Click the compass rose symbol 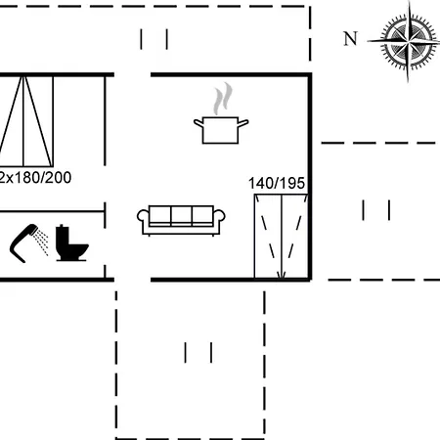[x=408, y=41]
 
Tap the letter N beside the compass [x=351, y=38]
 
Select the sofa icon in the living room [x=181, y=220]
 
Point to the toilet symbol [x=70, y=242]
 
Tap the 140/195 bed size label [x=277, y=183]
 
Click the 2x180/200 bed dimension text [x=35, y=178]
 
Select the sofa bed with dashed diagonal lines [x=282, y=237]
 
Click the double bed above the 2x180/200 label [x=26, y=121]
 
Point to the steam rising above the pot [x=223, y=99]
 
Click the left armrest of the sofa [x=143, y=216]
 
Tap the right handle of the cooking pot [x=243, y=123]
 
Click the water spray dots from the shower [x=42, y=242]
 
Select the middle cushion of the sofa [x=181, y=215]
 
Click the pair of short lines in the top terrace [x=154, y=39]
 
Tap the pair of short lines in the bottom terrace [x=198, y=352]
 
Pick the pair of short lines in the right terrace [x=376, y=210]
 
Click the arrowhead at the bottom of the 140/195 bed [x=282, y=275]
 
